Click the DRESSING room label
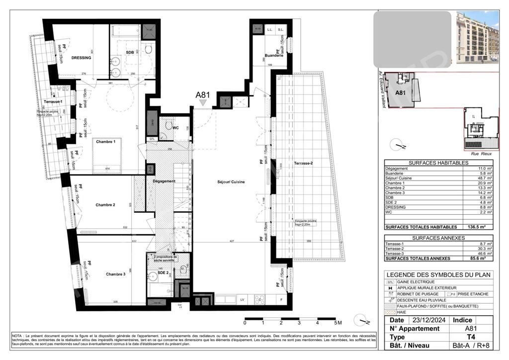click(81, 58)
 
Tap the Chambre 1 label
click(106, 142)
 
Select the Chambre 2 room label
click(105, 205)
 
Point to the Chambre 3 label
click(115, 274)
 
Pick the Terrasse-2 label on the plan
click(303, 163)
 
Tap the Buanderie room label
click(274, 56)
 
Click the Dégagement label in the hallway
click(164, 181)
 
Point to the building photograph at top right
click(477, 37)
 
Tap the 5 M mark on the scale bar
click(338, 323)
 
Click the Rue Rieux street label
click(481, 154)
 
